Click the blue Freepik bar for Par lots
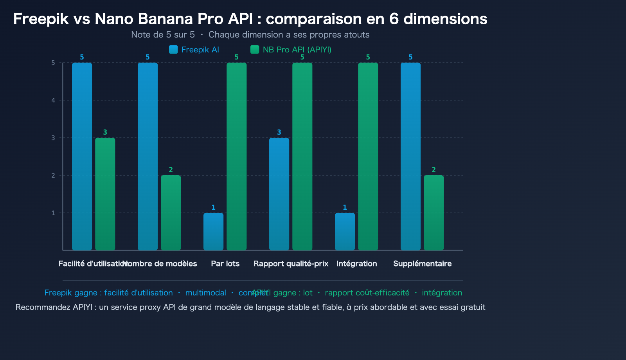pyautogui.click(x=213, y=231)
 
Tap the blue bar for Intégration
pyautogui.click(x=345, y=231)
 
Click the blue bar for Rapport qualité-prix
pyautogui.click(x=279, y=194)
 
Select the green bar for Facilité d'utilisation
pyautogui.click(x=105, y=194)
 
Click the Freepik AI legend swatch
pyautogui.click(x=173, y=49)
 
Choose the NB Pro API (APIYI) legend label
pyautogui.click(x=297, y=50)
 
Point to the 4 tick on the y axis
pyautogui.click(x=53, y=100)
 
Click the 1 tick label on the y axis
pyautogui.click(x=53, y=213)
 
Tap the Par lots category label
pyautogui.click(x=225, y=263)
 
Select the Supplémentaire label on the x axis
pyautogui.click(x=422, y=263)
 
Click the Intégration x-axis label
pyautogui.click(x=356, y=263)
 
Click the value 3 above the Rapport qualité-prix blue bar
pyautogui.click(x=279, y=132)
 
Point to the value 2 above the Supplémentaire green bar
pyautogui.click(x=434, y=170)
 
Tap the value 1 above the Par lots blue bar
pyautogui.click(x=213, y=207)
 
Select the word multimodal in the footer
pyautogui.click(x=205, y=293)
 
